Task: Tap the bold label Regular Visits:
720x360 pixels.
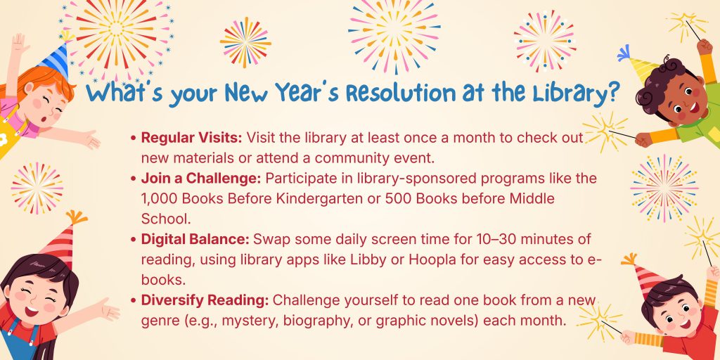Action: click(x=191, y=138)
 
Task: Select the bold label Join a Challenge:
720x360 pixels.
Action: click(x=200, y=178)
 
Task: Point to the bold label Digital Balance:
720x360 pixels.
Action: click(x=195, y=239)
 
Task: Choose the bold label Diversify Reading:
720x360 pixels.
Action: click(x=205, y=300)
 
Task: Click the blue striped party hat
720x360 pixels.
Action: click(x=57, y=56)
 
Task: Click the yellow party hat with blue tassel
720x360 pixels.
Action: click(x=638, y=63)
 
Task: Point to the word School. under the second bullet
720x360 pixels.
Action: click(x=165, y=219)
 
